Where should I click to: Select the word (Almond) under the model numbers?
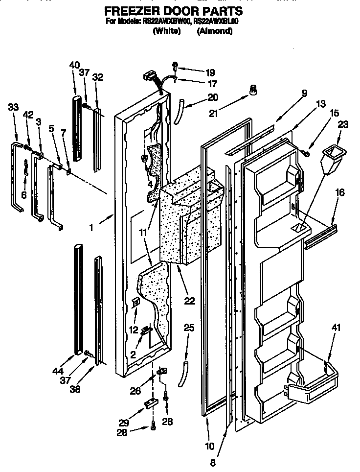click(214, 31)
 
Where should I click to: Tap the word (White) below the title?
click(167, 31)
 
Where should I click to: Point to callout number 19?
click(196, 71)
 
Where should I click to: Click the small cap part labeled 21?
click(253, 90)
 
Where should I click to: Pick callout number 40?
click(74, 64)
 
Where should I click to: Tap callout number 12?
click(134, 330)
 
